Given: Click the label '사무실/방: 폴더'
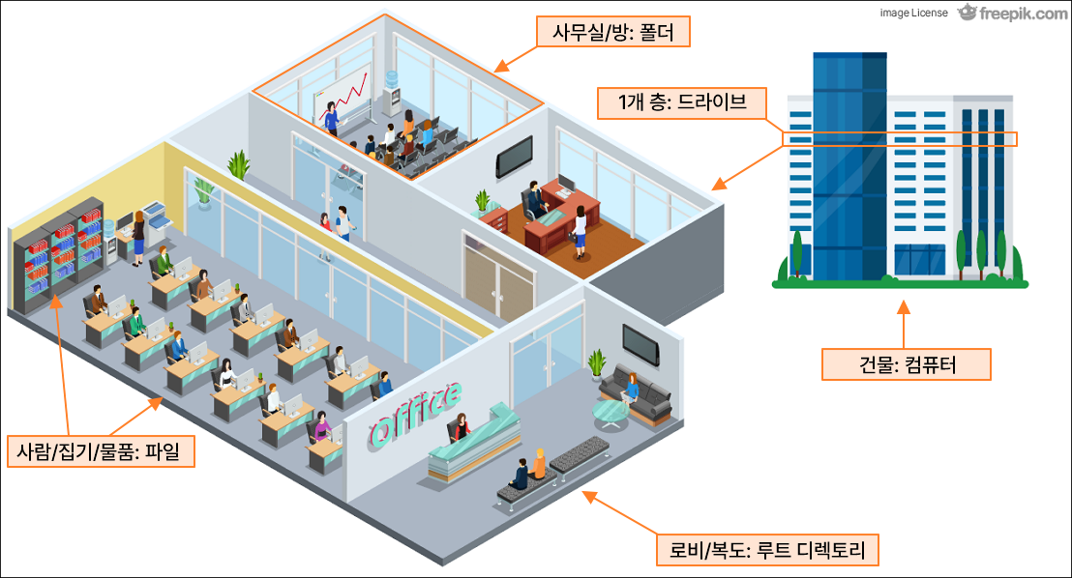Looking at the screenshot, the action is click(x=613, y=34).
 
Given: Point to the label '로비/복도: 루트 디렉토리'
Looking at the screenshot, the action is click(x=766, y=551).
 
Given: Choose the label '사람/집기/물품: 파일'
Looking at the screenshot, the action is click(x=100, y=450).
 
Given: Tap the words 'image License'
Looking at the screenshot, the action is click(x=913, y=14).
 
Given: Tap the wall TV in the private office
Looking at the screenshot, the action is click(x=514, y=156).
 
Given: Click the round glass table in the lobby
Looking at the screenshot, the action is click(x=610, y=413).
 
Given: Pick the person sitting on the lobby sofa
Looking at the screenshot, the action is click(x=632, y=390).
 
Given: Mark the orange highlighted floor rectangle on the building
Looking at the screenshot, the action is click(x=899, y=139).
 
